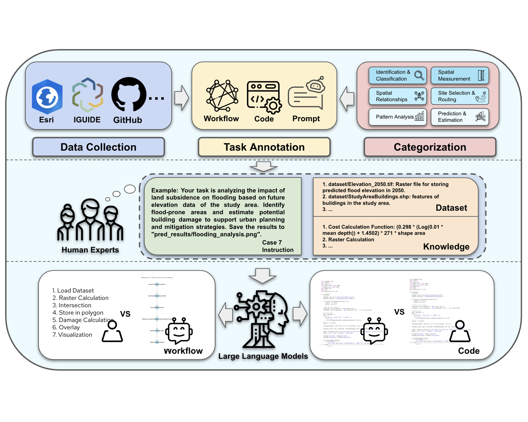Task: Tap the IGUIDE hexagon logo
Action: [x=87, y=95]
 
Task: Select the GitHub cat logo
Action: [x=129, y=94]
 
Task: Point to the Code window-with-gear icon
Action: [x=264, y=97]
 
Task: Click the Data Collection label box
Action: [x=98, y=147]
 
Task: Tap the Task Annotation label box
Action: [x=264, y=147]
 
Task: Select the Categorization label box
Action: [x=430, y=147]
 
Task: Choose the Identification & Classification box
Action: [x=398, y=75]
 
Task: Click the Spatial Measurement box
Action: [x=460, y=75]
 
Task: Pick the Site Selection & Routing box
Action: [x=460, y=96]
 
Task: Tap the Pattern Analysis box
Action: [x=398, y=117]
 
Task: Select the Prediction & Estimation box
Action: [x=460, y=117]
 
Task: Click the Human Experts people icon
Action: [x=90, y=220]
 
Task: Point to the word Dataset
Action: [x=451, y=208]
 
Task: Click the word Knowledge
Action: [x=446, y=247]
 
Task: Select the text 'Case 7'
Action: [x=272, y=242]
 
